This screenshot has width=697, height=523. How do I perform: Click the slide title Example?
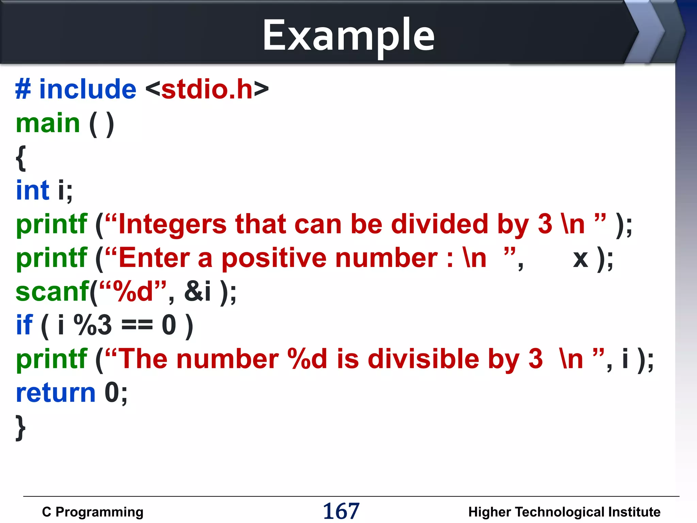[x=348, y=36]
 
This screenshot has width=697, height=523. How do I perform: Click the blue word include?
[x=88, y=89]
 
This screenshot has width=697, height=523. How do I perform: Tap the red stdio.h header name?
[x=207, y=89]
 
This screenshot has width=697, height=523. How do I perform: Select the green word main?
[x=48, y=123]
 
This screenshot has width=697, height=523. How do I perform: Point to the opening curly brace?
[x=21, y=158]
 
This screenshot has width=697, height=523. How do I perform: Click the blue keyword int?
[x=33, y=190]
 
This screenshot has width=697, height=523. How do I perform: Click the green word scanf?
[x=52, y=292]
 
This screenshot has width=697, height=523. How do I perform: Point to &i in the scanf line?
[x=197, y=292]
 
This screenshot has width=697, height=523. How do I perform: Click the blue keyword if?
[x=25, y=325]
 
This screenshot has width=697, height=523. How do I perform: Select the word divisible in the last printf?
[x=423, y=359]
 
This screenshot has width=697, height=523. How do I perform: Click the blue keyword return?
[x=55, y=393]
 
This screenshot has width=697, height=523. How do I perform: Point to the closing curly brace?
[x=21, y=428]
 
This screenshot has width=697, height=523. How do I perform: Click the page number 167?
[x=341, y=511]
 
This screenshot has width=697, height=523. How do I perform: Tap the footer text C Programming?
[x=93, y=512]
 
